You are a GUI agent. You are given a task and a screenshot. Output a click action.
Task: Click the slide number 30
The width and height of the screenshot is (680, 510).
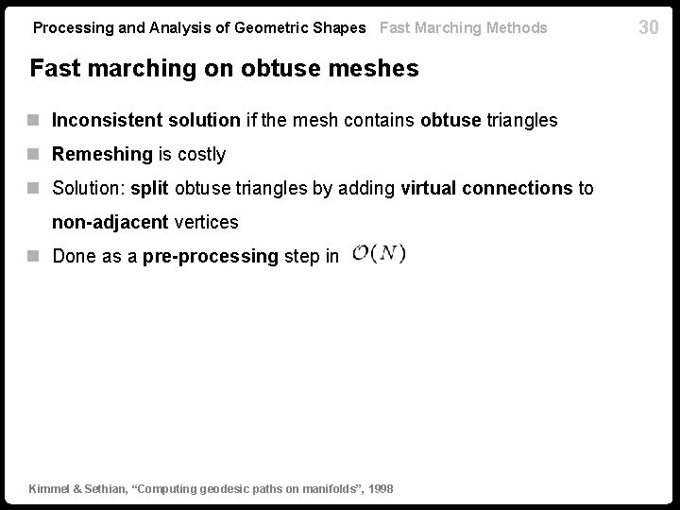648,27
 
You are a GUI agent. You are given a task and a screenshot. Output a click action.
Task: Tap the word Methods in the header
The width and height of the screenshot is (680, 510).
517,27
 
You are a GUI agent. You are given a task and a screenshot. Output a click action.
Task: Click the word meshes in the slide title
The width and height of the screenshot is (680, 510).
372,69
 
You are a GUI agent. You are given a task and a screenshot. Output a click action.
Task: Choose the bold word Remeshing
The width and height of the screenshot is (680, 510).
102,154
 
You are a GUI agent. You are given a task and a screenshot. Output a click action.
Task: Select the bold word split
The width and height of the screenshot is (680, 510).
149,188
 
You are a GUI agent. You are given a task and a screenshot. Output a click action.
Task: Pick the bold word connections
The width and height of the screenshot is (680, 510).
515,188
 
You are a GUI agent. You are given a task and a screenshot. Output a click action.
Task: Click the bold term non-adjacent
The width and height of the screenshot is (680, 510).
109,222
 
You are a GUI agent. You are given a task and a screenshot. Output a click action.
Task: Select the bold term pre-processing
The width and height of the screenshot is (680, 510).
210,256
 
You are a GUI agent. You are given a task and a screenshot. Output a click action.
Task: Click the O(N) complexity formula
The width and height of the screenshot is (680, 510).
379,254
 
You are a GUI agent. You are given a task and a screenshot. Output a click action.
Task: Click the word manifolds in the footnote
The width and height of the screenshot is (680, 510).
324,488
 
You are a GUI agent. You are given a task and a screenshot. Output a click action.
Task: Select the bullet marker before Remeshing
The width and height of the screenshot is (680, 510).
35,154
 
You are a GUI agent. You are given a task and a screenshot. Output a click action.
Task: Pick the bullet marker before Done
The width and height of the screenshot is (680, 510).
35,256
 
